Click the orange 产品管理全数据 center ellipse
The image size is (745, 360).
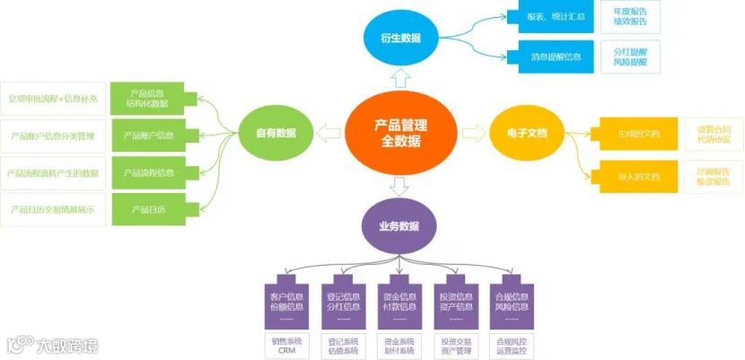[x=400, y=134]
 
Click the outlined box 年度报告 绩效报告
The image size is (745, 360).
[x=629, y=16]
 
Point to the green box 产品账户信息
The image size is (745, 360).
[x=147, y=136]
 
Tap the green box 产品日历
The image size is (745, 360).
[x=147, y=209]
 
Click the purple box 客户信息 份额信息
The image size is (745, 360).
[x=286, y=303]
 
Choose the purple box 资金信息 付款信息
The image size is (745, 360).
[x=399, y=303]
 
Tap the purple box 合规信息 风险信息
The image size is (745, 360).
[x=513, y=303]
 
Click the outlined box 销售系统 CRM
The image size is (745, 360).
[x=286, y=346]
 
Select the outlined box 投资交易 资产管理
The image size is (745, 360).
[x=456, y=346]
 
